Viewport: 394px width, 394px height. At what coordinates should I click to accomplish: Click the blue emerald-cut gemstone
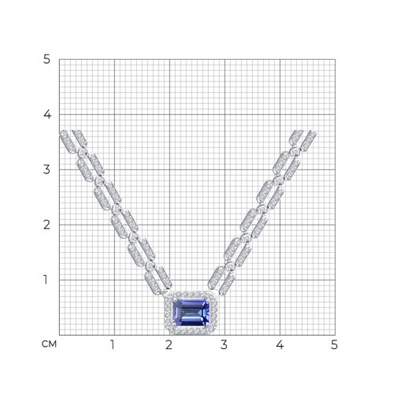(191, 313)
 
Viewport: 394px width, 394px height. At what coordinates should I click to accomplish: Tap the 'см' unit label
(49, 344)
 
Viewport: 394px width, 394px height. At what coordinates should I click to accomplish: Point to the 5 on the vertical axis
(46, 59)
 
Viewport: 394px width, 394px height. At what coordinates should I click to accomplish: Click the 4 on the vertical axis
(47, 114)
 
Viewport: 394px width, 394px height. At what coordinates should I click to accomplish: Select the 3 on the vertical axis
(46, 169)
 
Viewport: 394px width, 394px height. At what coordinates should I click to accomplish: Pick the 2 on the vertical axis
(46, 225)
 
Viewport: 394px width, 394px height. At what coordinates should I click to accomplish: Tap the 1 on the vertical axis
(46, 280)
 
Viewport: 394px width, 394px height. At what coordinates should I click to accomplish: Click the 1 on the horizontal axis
(113, 344)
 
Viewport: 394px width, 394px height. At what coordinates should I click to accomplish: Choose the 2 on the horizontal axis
(169, 344)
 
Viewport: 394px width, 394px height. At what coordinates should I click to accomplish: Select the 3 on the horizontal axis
(224, 344)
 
